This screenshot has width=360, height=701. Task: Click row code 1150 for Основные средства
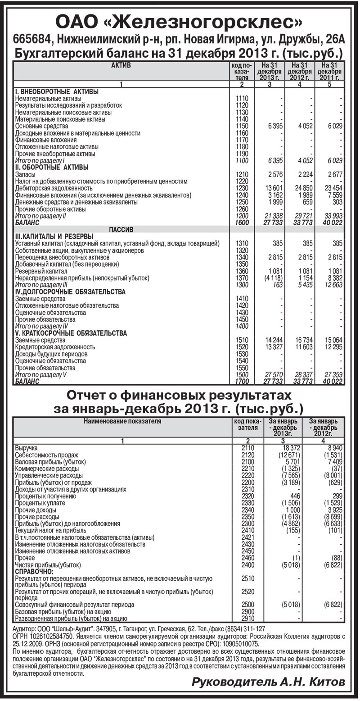tap(242, 126)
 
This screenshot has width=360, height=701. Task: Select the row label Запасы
tap(25, 174)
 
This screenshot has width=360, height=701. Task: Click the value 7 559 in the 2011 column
tap(333, 195)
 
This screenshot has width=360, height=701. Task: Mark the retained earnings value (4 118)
tap(272, 278)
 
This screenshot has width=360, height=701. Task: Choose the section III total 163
tap(277, 285)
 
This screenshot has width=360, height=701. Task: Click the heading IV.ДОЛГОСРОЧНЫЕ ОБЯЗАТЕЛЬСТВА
tap(70, 292)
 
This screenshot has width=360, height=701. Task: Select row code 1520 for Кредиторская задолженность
tap(242, 347)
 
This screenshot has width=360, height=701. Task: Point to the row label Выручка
tap(27, 448)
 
